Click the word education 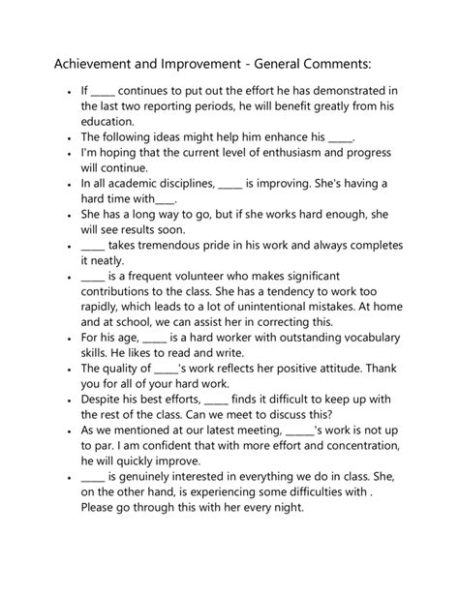pyautogui.click(x=109, y=122)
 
